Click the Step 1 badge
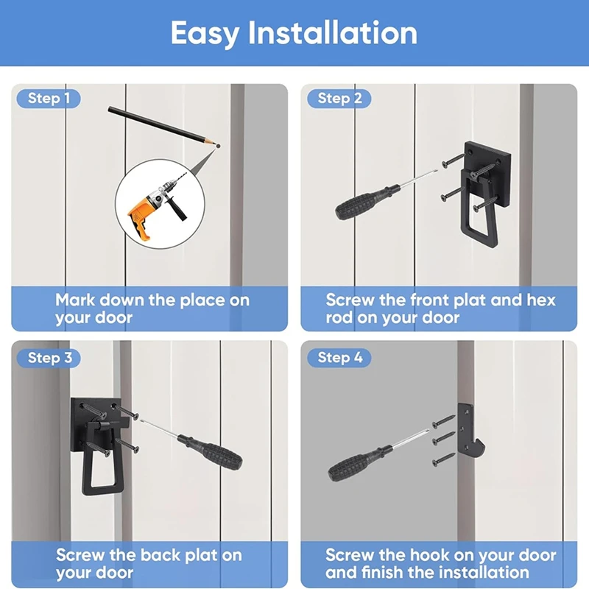click(x=49, y=99)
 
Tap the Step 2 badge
click(x=339, y=99)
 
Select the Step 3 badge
click(x=49, y=358)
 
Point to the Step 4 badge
click(x=339, y=358)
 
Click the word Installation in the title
click(x=333, y=33)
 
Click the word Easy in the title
click(x=205, y=34)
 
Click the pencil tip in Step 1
click(x=217, y=146)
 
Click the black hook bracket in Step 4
click(x=470, y=431)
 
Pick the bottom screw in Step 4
click(x=444, y=459)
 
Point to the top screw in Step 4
click(x=444, y=422)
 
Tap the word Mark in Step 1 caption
click(x=75, y=300)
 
